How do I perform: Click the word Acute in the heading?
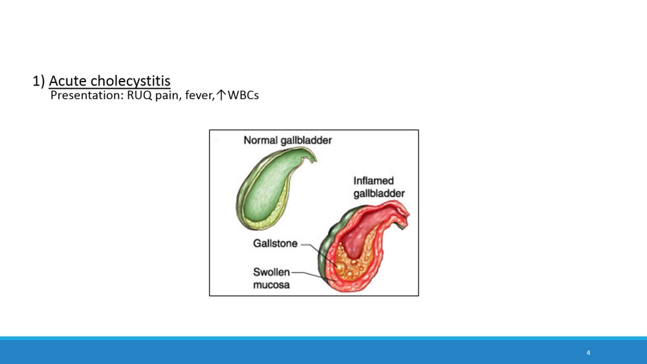(68, 80)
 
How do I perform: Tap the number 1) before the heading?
(38, 81)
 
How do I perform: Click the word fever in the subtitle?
(200, 95)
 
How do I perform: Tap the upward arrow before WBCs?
(221, 95)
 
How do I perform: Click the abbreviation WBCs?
(243, 95)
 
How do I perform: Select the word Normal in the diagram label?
(260, 141)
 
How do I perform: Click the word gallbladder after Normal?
(306, 141)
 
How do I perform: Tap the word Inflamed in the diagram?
(373, 181)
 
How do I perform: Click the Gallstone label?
(275, 244)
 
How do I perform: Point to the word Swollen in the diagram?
(272, 272)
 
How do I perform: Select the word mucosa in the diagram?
(271, 285)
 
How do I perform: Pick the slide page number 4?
(588, 353)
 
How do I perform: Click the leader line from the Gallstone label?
(320, 254)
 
